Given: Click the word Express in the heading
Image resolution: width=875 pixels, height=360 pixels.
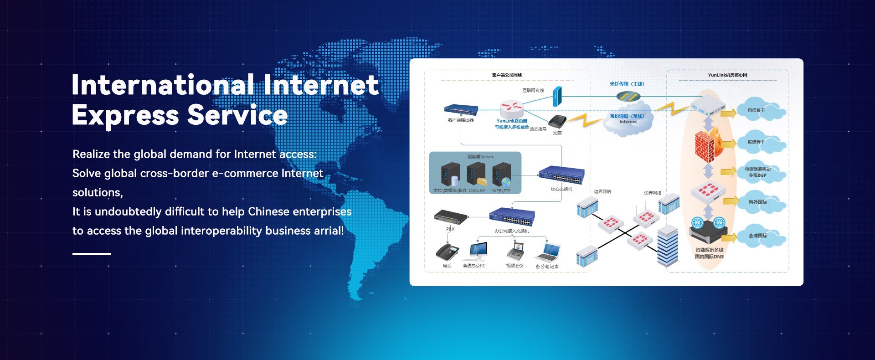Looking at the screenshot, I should coord(125,115).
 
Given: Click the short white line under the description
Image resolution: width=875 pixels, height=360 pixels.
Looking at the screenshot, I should coord(92,254).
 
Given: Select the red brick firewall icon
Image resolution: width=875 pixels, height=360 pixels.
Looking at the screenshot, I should coord(708,145).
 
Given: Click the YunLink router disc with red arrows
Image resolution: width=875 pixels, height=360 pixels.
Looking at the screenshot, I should coord(512,108).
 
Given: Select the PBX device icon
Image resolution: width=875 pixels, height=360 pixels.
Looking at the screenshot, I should coord(450,217).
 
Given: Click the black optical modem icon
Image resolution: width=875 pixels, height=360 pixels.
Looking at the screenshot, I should coord(557,122).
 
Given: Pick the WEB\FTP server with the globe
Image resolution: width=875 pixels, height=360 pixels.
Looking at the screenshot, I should coord(501,175).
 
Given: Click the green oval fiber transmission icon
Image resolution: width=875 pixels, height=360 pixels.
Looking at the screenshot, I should coord(628,97).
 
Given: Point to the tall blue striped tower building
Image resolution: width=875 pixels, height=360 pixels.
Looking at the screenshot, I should coord(668,246).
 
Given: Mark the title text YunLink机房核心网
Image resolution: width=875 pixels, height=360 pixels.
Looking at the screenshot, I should coord(727,75).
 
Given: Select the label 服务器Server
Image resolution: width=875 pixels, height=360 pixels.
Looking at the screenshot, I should coord(480,157).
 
